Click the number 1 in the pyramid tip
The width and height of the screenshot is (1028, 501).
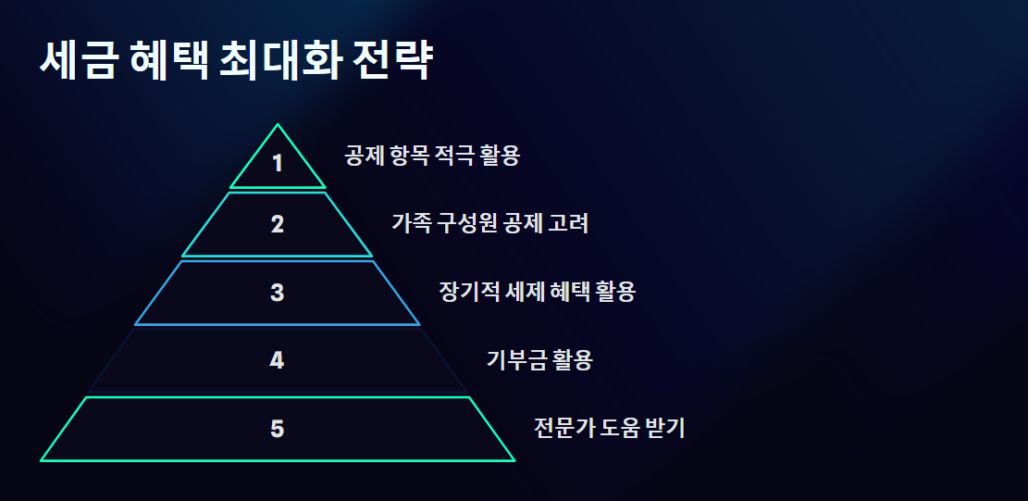[278, 164]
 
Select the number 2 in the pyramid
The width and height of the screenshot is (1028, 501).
[278, 224]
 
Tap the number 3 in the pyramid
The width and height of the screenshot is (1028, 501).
[278, 293]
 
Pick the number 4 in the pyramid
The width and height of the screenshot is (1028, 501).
[277, 360]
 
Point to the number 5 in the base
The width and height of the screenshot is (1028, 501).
[278, 429]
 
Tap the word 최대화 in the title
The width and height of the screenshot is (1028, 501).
[280, 61]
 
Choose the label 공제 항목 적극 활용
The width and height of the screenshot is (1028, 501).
[432, 156]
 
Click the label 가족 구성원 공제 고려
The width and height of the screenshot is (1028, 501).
[489, 224]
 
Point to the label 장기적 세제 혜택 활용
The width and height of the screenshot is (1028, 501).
[537, 293]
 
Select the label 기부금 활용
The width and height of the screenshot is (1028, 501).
[539, 360]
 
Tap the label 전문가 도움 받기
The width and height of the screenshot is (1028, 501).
[609, 429]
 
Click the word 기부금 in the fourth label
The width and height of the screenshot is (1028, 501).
[516, 360]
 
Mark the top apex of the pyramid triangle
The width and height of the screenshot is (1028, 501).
[277, 125]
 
